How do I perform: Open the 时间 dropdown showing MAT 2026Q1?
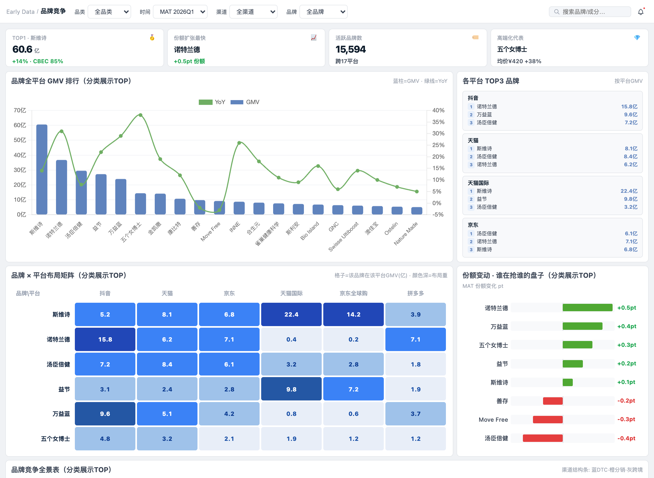click(x=180, y=12)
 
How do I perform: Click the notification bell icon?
click(x=641, y=12)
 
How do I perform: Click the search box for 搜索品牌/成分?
click(x=590, y=12)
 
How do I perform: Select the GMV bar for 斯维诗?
click(x=42, y=169)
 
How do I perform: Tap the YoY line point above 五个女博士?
click(x=140, y=115)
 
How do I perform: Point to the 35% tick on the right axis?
click(x=438, y=122)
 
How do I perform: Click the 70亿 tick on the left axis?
click(x=20, y=110)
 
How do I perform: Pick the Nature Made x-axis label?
click(x=406, y=233)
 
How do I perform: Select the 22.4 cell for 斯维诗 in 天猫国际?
click(x=291, y=314)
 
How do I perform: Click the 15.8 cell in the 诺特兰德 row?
click(x=105, y=339)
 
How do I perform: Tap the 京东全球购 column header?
click(x=353, y=293)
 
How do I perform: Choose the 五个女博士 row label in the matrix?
click(x=55, y=439)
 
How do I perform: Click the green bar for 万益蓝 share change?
click(x=582, y=326)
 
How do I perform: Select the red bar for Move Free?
click(x=548, y=420)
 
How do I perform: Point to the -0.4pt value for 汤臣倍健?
click(x=626, y=438)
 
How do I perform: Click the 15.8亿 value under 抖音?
click(x=629, y=107)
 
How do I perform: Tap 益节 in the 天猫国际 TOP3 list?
click(x=482, y=199)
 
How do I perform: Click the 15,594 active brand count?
click(x=350, y=49)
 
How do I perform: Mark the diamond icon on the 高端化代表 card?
click(x=637, y=38)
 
